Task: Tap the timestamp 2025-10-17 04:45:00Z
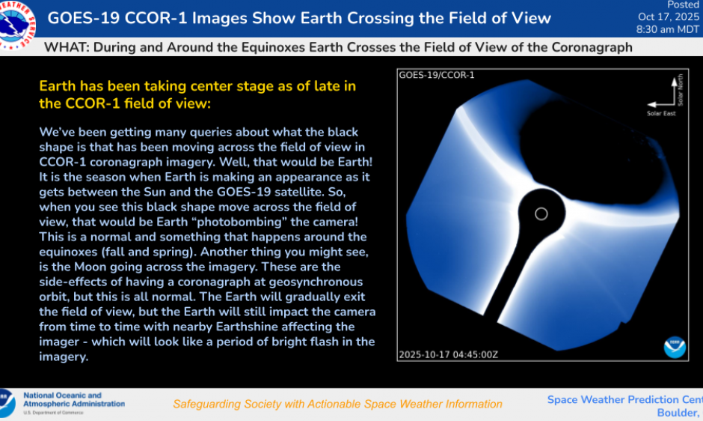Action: [x=447, y=354]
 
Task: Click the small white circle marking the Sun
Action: [x=541, y=214]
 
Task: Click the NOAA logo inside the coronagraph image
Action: [x=674, y=347]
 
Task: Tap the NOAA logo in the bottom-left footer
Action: [x=7, y=403]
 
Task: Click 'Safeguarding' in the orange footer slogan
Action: [x=207, y=404]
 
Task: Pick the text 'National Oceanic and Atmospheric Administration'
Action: [x=73, y=399]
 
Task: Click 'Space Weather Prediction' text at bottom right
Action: [x=613, y=399]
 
